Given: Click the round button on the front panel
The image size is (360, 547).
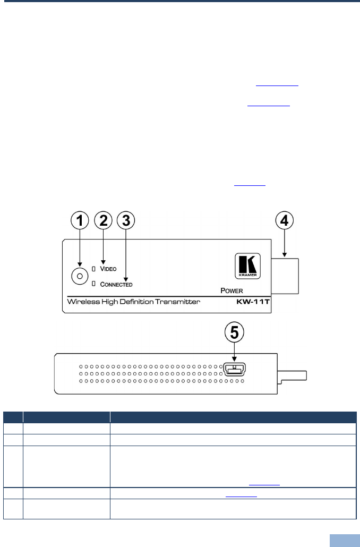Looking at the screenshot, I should click(x=79, y=276).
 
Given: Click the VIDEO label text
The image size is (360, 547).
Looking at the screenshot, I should click(x=108, y=269).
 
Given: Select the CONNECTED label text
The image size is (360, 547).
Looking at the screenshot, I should click(x=116, y=284).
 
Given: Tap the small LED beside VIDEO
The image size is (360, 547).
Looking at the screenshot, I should click(x=93, y=268).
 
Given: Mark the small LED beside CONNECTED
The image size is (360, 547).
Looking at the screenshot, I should click(x=93, y=284).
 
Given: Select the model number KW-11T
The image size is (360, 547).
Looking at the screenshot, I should click(x=253, y=302).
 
